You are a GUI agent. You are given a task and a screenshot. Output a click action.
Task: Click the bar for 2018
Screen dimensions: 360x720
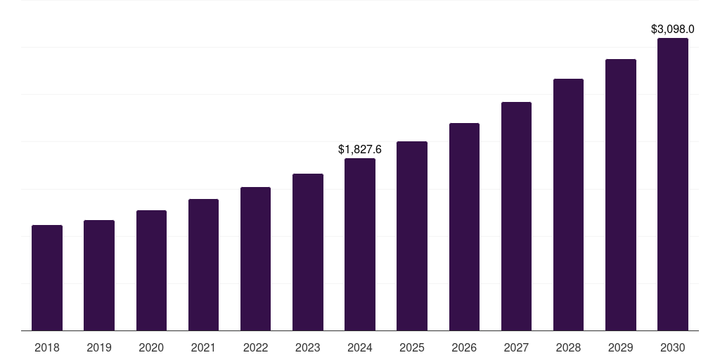point(47,278)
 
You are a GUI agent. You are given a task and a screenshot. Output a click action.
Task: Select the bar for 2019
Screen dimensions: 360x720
point(99,275)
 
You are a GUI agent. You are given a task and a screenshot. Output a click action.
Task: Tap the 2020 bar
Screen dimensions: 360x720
point(151,270)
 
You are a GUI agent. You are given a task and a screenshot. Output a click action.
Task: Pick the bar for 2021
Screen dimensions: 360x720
point(203,264)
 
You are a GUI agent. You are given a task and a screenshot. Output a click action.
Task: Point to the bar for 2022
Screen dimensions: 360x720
point(255,259)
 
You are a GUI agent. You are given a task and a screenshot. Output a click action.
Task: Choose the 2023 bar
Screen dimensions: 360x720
point(308,252)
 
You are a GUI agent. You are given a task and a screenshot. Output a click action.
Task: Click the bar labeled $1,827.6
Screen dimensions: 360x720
point(360,244)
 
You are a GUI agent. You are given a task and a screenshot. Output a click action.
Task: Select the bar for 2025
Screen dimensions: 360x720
point(412,236)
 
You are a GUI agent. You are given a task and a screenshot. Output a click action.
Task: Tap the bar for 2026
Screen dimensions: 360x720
point(464,226)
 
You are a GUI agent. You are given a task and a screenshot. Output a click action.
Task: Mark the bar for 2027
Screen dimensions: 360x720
point(516,216)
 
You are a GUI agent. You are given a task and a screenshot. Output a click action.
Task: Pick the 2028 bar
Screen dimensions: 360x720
point(568,205)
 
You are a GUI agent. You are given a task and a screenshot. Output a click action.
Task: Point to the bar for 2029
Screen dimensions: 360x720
point(621,195)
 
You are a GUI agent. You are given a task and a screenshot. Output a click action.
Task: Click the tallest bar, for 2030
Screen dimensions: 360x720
point(673,184)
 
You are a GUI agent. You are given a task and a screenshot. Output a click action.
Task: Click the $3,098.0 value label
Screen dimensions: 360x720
point(673,30)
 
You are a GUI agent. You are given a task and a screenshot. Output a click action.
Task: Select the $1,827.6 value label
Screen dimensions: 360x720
point(360,150)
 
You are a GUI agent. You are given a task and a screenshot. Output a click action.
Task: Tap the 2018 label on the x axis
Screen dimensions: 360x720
point(47,347)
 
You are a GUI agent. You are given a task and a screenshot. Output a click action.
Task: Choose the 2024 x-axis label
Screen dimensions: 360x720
point(360,347)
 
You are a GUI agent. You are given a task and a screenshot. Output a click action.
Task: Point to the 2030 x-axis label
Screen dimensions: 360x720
point(673,347)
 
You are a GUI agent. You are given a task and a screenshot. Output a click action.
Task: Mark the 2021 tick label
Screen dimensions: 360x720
point(203,347)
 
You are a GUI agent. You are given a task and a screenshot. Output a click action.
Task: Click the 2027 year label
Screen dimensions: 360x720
point(516,347)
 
